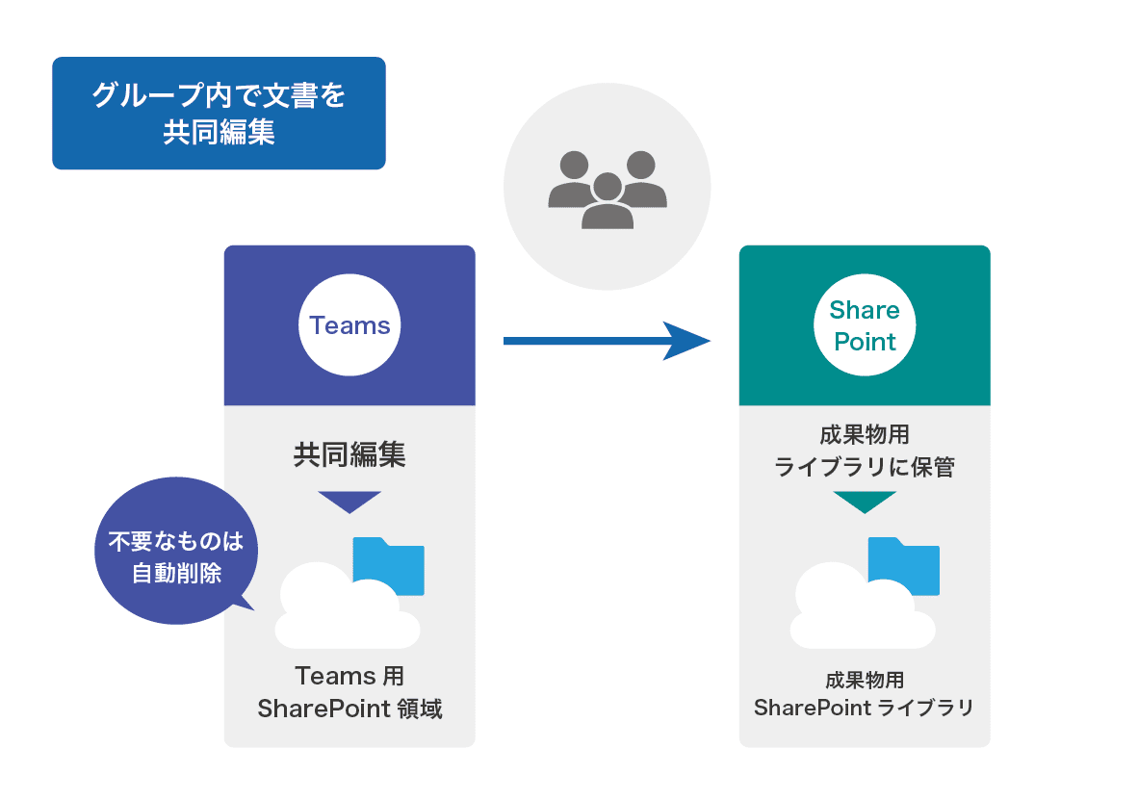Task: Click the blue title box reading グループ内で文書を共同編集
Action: point(219,113)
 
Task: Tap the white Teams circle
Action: point(349,325)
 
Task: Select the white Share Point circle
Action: point(865,325)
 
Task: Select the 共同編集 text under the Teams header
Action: point(349,454)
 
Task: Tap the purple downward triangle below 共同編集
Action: point(349,501)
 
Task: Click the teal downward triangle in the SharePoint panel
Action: point(865,501)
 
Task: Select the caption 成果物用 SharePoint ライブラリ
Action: point(865,694)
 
